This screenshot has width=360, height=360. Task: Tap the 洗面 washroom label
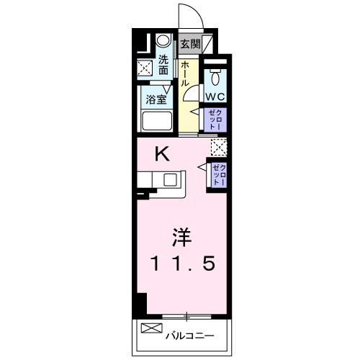(164, 65)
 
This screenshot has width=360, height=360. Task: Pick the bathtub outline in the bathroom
(158, 121)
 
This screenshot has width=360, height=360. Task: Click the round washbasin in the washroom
(163, 42)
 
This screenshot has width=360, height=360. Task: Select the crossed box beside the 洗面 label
(145, 68)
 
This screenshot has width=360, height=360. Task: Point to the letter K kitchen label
(163, 153)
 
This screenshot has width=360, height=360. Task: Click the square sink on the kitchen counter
(171, 179)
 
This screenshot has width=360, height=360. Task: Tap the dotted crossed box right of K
(217, 148)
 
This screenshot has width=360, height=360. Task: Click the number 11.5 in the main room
(182, 264)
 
